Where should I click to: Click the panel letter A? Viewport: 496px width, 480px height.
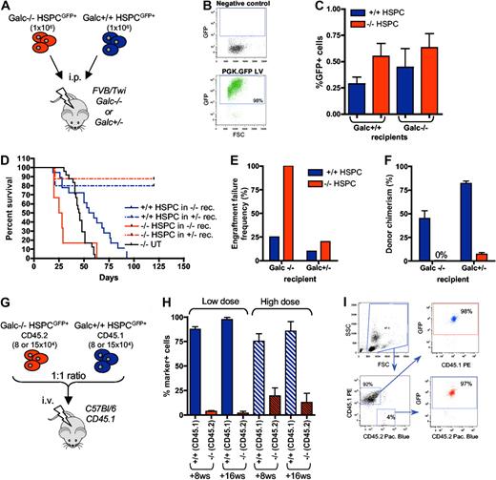point(8,9)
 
